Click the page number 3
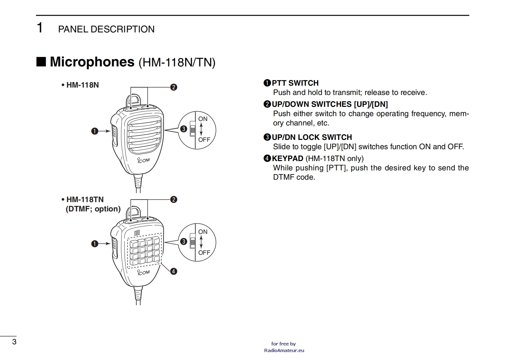click(x=14, y=341)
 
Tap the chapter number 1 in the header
click(x=40, y=28)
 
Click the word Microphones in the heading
click(x=92, y=62)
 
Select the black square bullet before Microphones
click(x=41, y=62)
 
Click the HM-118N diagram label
click(x=82, y=85)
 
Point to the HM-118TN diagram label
click(x=85, y=199)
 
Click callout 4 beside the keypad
click(x=174, y=271)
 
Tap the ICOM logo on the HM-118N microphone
click(x=143, y=160)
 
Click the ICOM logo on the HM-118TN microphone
click(x=143, y=272)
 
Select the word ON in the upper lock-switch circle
click(x=203, y=119)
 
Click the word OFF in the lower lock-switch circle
click(x=204, y=253)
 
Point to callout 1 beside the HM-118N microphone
click(x=94, y=131)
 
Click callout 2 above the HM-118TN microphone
click(x=174, y=199)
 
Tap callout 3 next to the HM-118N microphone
click(x=184, y=129)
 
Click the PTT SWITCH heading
click(x=295, y=83)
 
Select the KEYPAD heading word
click(x=288, y=158)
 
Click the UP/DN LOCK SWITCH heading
click(x=312, y=137)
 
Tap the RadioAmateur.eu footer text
click(x=284, y=350)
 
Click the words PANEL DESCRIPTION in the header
click(x=106, y=29)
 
